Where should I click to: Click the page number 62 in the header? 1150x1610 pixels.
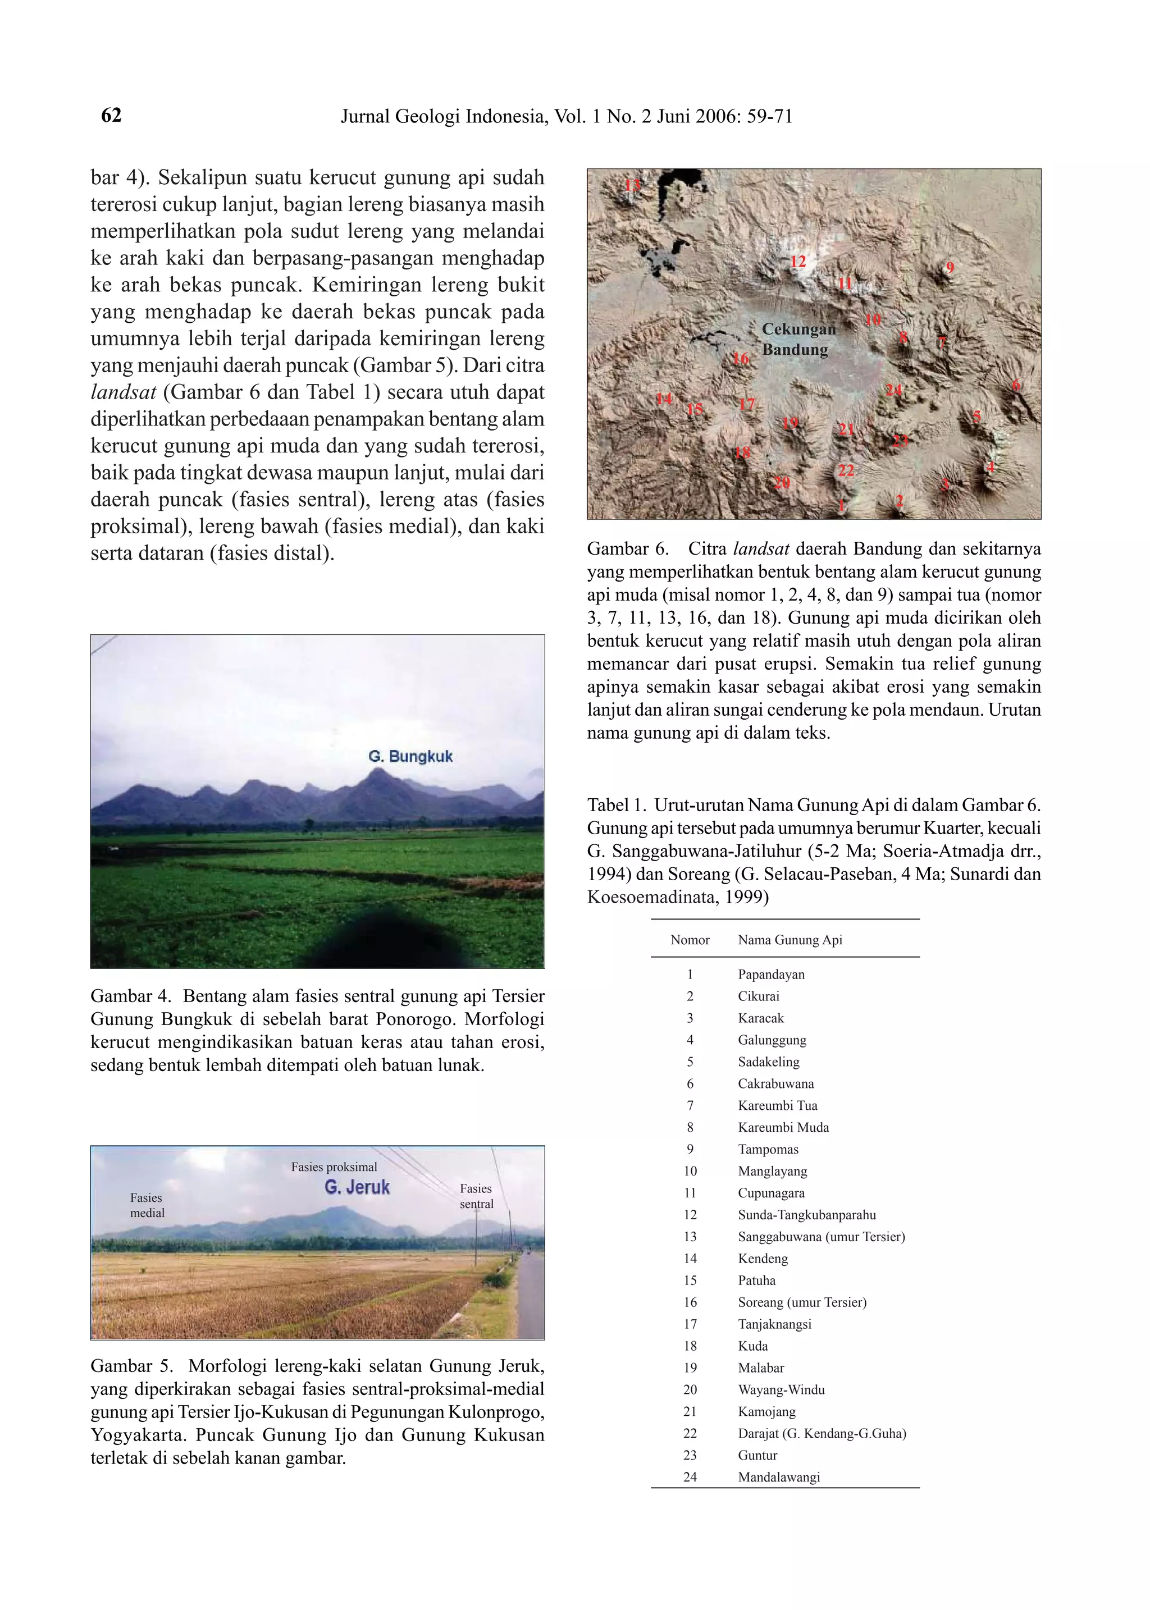pyautogui.click(x=111, y=116)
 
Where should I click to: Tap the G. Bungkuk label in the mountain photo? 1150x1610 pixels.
pyautogui.click(x=410, y=756)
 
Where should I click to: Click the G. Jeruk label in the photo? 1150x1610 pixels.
pyautogui.click(x=357, y=1187)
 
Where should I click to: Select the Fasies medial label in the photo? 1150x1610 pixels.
pyautogui.click(x=147, y=1205)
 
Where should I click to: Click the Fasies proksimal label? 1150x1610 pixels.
pyautogui.click(x=334, y=1167)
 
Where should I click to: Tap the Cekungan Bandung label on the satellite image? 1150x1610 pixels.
pyautogui.click(x=798, y=339)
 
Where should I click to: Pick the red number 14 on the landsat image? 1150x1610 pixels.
pyautogui.click(x=664, y=399)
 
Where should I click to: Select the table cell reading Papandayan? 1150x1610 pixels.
pyautogui.click(x=770, y=974)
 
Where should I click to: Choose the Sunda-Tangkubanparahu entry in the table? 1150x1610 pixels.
pyautogui.click(x=806, y=1214)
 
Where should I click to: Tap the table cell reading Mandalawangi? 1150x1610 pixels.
pyautogui.click(x=778, y=1477)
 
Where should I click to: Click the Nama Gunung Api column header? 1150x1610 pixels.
pyautogui.click(x=790, y=940)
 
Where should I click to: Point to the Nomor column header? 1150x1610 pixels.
pyautogui.click(x=689, y=940)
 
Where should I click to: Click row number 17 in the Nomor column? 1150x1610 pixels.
pyautogui.click(x=690, y=1324)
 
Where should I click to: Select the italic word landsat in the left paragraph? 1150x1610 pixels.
pyautogui.click(x=123, y=392)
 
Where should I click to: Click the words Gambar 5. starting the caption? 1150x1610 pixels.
pyautogui.click(x=132, y=1366)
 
